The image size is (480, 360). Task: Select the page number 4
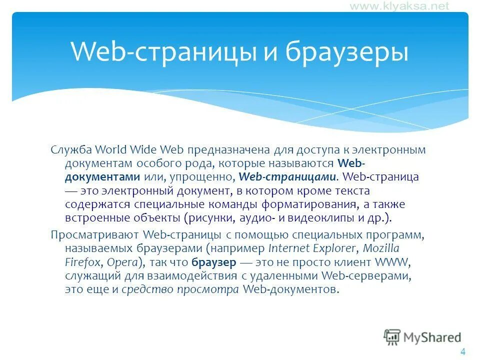462,351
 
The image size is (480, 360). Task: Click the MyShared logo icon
392,336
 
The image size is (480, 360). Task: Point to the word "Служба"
71,149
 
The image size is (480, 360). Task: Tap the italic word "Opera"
121,262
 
